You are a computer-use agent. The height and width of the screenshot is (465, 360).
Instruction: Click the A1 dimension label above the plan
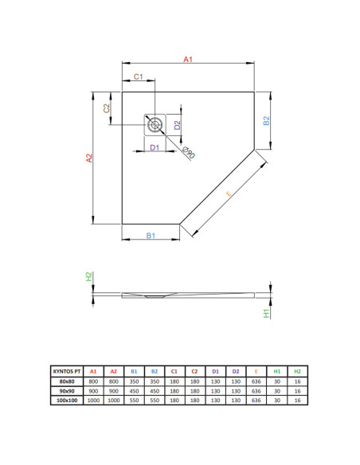point(188,59)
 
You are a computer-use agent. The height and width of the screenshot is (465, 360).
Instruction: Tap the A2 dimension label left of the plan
point(89,158)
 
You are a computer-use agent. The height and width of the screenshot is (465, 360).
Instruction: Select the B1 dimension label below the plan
point(151,236)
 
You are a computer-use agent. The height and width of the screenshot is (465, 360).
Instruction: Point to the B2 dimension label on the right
point(267,120)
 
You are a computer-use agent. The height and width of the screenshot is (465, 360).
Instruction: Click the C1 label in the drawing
point(139,76)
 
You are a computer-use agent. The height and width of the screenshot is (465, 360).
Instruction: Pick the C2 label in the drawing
point(107,108)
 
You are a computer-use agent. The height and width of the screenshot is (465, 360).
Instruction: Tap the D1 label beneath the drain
point(155,147)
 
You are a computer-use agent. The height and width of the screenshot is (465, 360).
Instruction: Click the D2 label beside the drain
point(177,125)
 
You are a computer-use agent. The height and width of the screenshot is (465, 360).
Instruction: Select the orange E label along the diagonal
point(229,193)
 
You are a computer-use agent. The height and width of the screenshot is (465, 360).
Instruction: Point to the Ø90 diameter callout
point(188,152)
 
